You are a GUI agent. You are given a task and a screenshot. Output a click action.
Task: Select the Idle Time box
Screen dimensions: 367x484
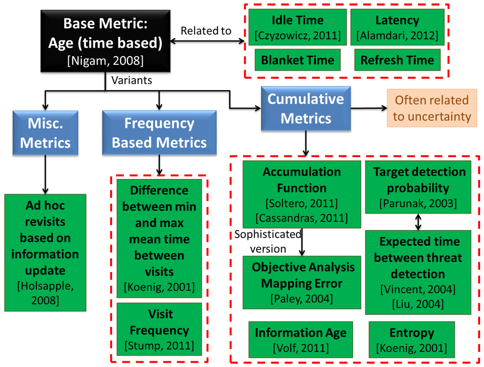tap(297, 27)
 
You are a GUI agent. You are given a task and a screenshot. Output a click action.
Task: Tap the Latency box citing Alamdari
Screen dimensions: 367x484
tap(397, 27)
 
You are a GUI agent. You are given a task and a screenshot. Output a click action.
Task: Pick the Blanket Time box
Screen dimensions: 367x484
tap(297, 60)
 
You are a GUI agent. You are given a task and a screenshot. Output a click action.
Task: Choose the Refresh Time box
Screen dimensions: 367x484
tap(397, 60)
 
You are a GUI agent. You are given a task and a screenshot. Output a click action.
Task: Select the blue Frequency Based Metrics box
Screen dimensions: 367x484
tap(159, 133)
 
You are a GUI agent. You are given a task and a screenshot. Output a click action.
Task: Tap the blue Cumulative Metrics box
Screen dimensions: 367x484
tap(305, 108)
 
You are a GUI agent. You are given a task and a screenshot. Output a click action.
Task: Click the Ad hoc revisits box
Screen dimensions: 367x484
tap(45, 252)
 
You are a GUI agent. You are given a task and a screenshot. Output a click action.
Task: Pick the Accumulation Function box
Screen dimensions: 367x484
tap(302, 194)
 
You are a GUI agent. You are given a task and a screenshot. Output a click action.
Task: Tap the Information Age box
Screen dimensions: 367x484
tap(301, 339)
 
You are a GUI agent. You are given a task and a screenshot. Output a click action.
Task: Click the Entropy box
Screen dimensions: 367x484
tap(411, 339)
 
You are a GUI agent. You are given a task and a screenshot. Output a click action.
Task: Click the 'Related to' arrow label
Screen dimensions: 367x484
tap(206, 31)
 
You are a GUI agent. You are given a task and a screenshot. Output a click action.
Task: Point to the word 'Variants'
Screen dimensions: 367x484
tap(131, 80)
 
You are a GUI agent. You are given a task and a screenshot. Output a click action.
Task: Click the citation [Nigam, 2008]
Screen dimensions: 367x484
tap(105, 60)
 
